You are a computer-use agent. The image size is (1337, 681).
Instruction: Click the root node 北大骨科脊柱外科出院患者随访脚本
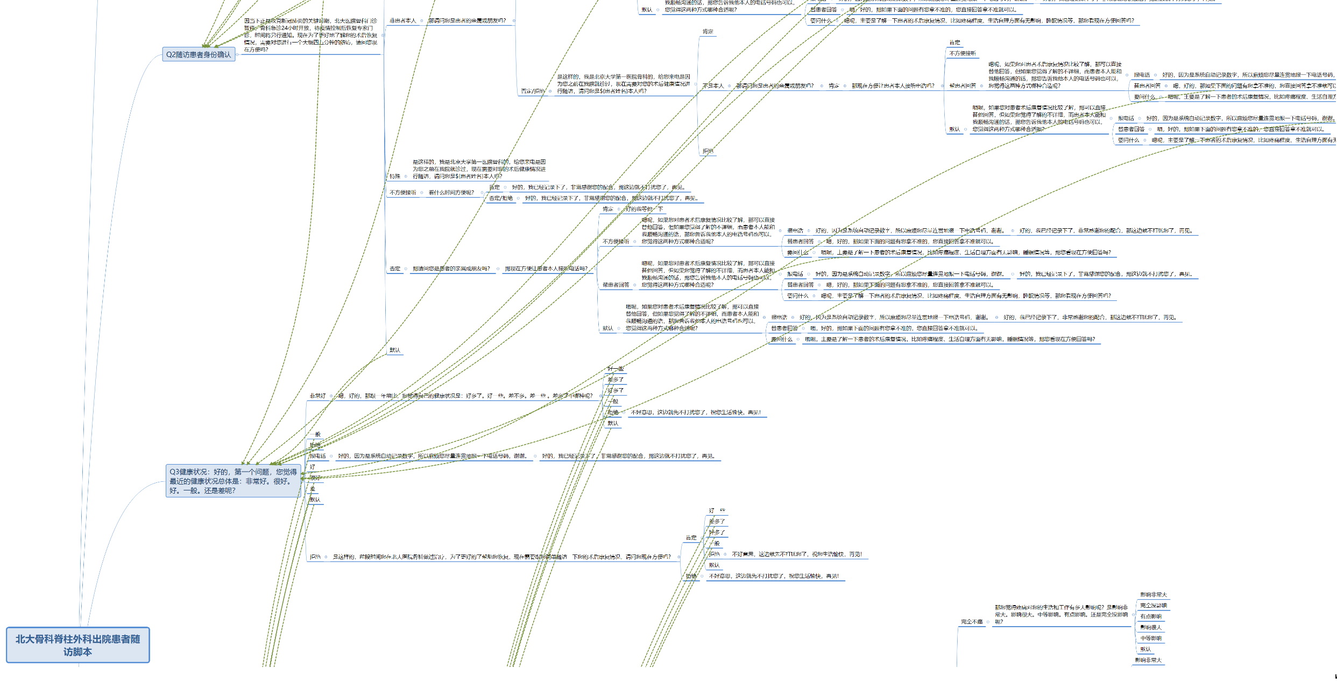[x=77, y=645]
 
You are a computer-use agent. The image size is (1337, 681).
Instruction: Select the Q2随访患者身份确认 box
[x=199, y=54]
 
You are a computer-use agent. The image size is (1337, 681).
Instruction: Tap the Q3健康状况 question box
[x=233, y=481]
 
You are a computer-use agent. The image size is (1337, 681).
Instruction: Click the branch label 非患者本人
[x=403, y=21]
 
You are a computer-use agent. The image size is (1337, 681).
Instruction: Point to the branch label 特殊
[x=395, y=177]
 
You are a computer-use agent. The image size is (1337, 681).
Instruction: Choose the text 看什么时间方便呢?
[x=451, y=193]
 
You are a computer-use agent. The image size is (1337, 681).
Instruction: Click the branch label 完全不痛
[x=972, y=622]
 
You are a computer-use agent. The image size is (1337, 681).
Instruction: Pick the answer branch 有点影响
[x=1151, y=616]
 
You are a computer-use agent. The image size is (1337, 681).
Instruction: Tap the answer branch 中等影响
[x=1151, y=638]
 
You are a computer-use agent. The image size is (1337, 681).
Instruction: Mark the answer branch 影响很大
[x=1151, y=628]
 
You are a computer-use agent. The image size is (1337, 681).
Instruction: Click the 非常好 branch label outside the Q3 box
[x=317, y=396]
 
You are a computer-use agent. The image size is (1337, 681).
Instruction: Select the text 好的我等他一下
[x=644, y=209]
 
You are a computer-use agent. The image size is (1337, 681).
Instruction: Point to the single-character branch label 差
[x=313, y=489]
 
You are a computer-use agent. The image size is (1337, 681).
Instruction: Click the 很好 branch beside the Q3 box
[x=315, y=478]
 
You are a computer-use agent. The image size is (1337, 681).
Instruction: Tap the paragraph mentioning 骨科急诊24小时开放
[x=311, y=35]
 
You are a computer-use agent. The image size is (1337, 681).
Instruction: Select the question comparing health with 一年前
[x=465, y=396]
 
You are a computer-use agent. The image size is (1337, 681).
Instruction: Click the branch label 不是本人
[x=713, y=86]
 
